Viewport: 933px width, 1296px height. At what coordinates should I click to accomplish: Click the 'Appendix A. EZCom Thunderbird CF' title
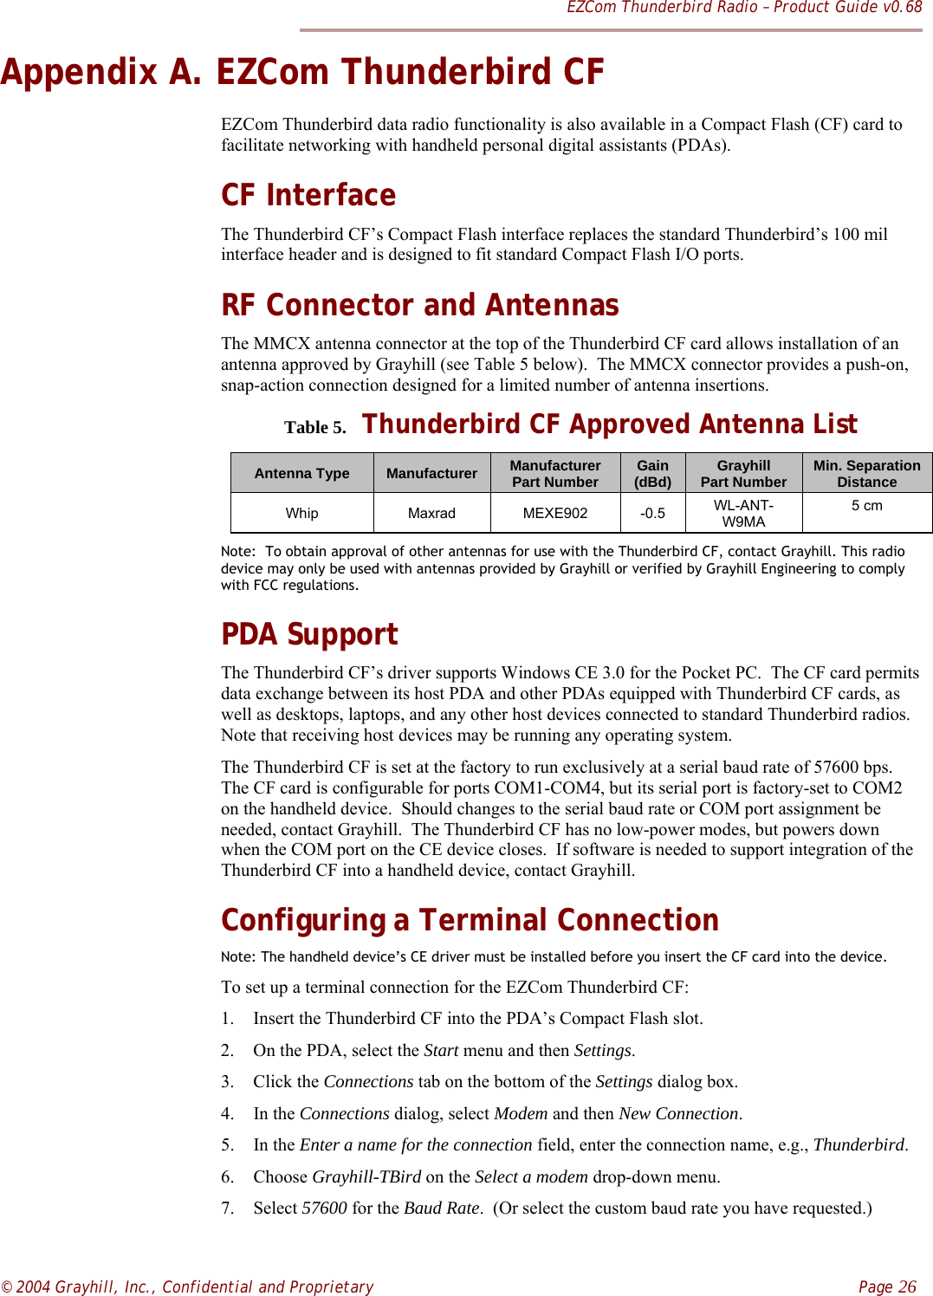click(x=302, y=72)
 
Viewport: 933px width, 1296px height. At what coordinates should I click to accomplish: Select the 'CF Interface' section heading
click(x=308, y=195)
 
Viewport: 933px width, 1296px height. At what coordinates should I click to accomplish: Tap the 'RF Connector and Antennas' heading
click(x=419, y=305)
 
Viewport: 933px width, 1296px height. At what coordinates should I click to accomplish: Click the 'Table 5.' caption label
click(x=314, y=427)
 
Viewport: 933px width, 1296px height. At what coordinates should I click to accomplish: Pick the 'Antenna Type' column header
click(x=301, y=473)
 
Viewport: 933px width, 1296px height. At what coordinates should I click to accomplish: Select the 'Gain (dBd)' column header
click(x=652, y=473)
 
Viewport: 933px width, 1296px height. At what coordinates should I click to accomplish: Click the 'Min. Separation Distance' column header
click(x=866, y=473)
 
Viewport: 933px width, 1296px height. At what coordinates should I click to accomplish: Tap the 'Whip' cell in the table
click(x=301, y=513)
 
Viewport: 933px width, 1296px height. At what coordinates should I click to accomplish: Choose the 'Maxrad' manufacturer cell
click(x=431, y=513)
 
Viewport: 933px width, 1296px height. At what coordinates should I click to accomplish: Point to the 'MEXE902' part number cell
click(x=554, y=513)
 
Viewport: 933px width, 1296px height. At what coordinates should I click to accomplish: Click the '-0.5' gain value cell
click(x=652, y=513)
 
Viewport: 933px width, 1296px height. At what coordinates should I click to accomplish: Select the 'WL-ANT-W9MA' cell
click(x=743, y=513)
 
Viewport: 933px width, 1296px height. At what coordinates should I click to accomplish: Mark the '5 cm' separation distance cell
click(x=866, y=505)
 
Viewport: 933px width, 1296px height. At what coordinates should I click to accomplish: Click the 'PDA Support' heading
click(x=309, y=634)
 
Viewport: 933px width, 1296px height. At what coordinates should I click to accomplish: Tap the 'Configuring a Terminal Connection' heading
click(x=470, y=920)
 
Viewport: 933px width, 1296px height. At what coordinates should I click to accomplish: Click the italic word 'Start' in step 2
click(x=441, y=1050)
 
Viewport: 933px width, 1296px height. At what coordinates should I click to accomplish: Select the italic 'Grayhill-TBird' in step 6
click(x=366, y=1176)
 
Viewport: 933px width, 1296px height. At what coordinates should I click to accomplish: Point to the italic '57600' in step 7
click(x=324, y=1208)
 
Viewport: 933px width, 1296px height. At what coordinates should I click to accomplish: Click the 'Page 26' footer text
click(x=887, y=1286)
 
